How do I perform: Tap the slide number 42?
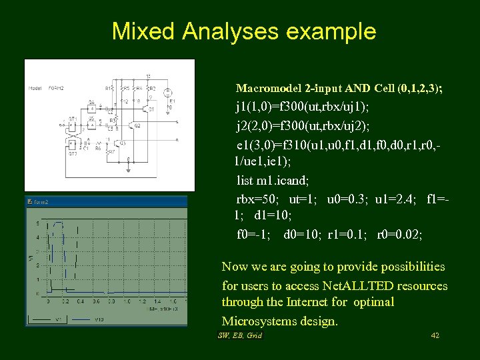tap(435, 335)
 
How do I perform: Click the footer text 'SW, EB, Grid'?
tap(240, 335)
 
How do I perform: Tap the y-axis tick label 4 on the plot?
tap(38, 237)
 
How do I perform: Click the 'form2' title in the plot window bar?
tap(42, 201)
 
